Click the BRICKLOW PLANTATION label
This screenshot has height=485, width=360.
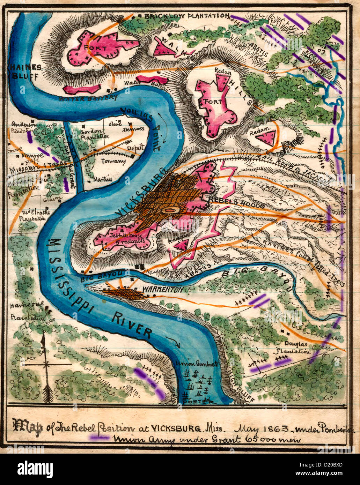coord(186,16)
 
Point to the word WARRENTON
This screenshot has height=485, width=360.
coord(163,290)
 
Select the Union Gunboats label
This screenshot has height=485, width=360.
coord(197,363)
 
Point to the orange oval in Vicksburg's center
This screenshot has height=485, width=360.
coord(171,210)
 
